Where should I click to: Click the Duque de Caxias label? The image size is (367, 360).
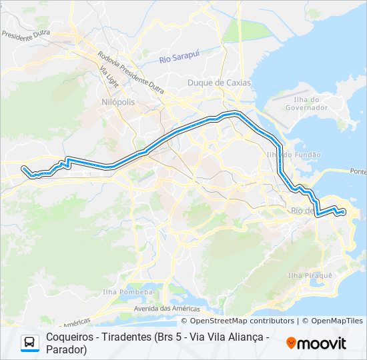[219, 83]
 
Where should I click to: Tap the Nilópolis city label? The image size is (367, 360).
[118, 102]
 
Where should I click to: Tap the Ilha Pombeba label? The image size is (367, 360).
[127, 292]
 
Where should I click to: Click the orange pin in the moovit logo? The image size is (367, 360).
[290, 343]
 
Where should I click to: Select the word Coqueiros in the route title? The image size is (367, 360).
[69, 337]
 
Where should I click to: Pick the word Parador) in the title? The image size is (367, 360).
[67, 349]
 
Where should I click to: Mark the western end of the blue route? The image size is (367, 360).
[23, 168]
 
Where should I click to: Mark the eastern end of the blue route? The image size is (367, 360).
[343, 212]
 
